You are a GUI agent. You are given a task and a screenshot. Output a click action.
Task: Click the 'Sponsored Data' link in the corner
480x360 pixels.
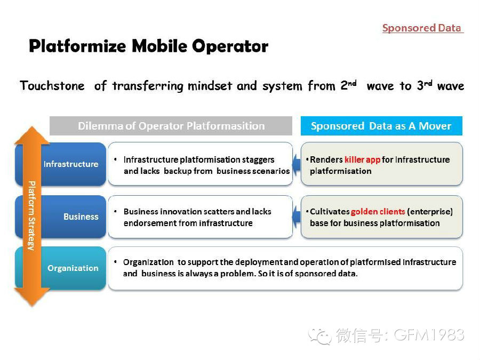pyautogui.click(x=422, y=28)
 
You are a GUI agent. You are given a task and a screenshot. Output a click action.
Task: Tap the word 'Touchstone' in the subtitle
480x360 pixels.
pyautogui.click(x=52, y=86)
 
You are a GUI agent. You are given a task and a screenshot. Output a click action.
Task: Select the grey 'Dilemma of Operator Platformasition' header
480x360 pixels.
pyautogui.click(x=171, y=126)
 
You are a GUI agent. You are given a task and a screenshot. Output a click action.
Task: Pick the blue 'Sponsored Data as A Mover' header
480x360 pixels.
pyautogui.click(x=381, y=126)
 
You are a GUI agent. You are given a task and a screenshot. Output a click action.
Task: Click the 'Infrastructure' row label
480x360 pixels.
pyautogui.click(x=71, y=164)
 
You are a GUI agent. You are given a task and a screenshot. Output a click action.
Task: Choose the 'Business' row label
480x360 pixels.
pyautogui.click(x=81, y=217)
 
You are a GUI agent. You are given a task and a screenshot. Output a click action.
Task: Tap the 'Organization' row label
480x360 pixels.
pyautogui.click(x=73, y=268)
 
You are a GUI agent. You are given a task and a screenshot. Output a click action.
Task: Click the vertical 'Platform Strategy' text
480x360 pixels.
pyautogui.click(x=31, y=215)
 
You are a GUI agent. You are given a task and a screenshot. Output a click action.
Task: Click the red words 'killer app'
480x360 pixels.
pyautogui.click(x=362, y=159)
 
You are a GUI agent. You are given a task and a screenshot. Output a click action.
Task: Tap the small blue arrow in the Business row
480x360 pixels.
pyautogui.click(x=297, y=216)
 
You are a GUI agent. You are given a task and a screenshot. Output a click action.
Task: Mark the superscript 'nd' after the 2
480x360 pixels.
pyautogui.click(x=353, y=83)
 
